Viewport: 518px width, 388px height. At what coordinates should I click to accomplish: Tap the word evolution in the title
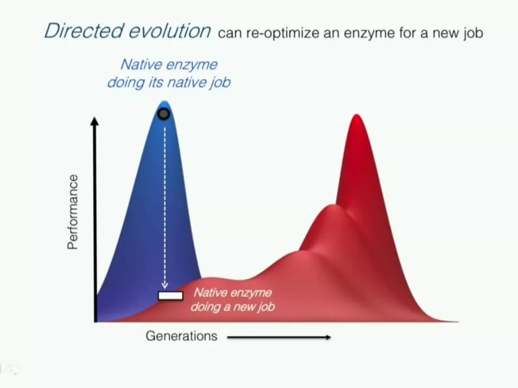point(169,31)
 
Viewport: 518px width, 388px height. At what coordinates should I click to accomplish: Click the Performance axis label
point(73,212)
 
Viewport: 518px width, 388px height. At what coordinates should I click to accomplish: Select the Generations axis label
point(181,336)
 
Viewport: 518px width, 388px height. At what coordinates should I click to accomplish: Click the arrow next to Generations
point(279,337)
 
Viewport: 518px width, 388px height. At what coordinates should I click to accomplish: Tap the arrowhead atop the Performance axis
point(94,121)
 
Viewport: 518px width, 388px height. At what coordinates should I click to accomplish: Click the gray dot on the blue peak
point(164,114)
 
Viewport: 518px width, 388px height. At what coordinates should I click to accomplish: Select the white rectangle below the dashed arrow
point(170,295)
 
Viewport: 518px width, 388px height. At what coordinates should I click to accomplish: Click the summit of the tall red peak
point(357,115)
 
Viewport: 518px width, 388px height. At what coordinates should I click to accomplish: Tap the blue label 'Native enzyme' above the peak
point(169,64)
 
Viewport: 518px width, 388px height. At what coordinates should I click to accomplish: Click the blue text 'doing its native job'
point(169,82)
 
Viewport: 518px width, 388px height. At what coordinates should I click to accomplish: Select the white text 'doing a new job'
point(233,307)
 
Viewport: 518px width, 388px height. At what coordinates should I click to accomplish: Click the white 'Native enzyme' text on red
point(233,293)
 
